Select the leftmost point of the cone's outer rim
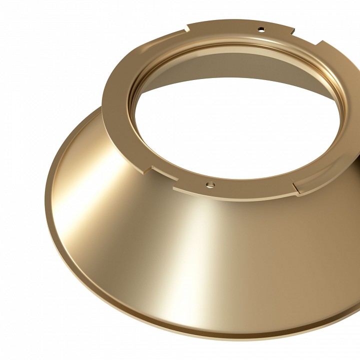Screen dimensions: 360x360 pos(45,190)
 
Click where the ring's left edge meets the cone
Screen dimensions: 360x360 pos(102,107)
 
